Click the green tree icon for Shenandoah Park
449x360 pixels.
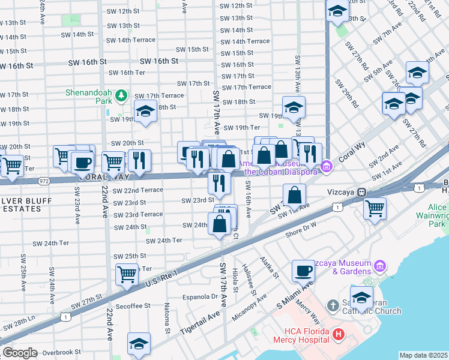coord(121,95)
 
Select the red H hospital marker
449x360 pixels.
coord(339,334)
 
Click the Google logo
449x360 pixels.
coord(20,353)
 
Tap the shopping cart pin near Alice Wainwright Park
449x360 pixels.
coord(375,209)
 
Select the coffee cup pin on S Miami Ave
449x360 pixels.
coord(303,271)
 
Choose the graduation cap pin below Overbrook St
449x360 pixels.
coord(139,344)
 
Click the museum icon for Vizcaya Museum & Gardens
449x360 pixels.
coord(379,266)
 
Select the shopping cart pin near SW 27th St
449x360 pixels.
coord(127,274)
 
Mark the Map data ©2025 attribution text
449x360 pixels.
coord(424,355)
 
